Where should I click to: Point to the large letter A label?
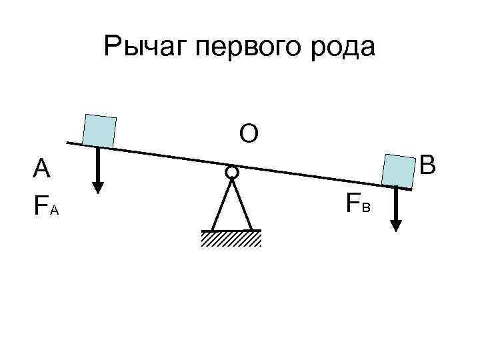tap(42, 169)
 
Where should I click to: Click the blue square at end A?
tap(99, 130)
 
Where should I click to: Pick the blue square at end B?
tap(399, 171)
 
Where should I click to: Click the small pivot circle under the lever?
tap(231, 172)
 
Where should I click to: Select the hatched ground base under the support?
tap(231, 239)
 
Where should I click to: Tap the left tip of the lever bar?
tap(69, 142)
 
